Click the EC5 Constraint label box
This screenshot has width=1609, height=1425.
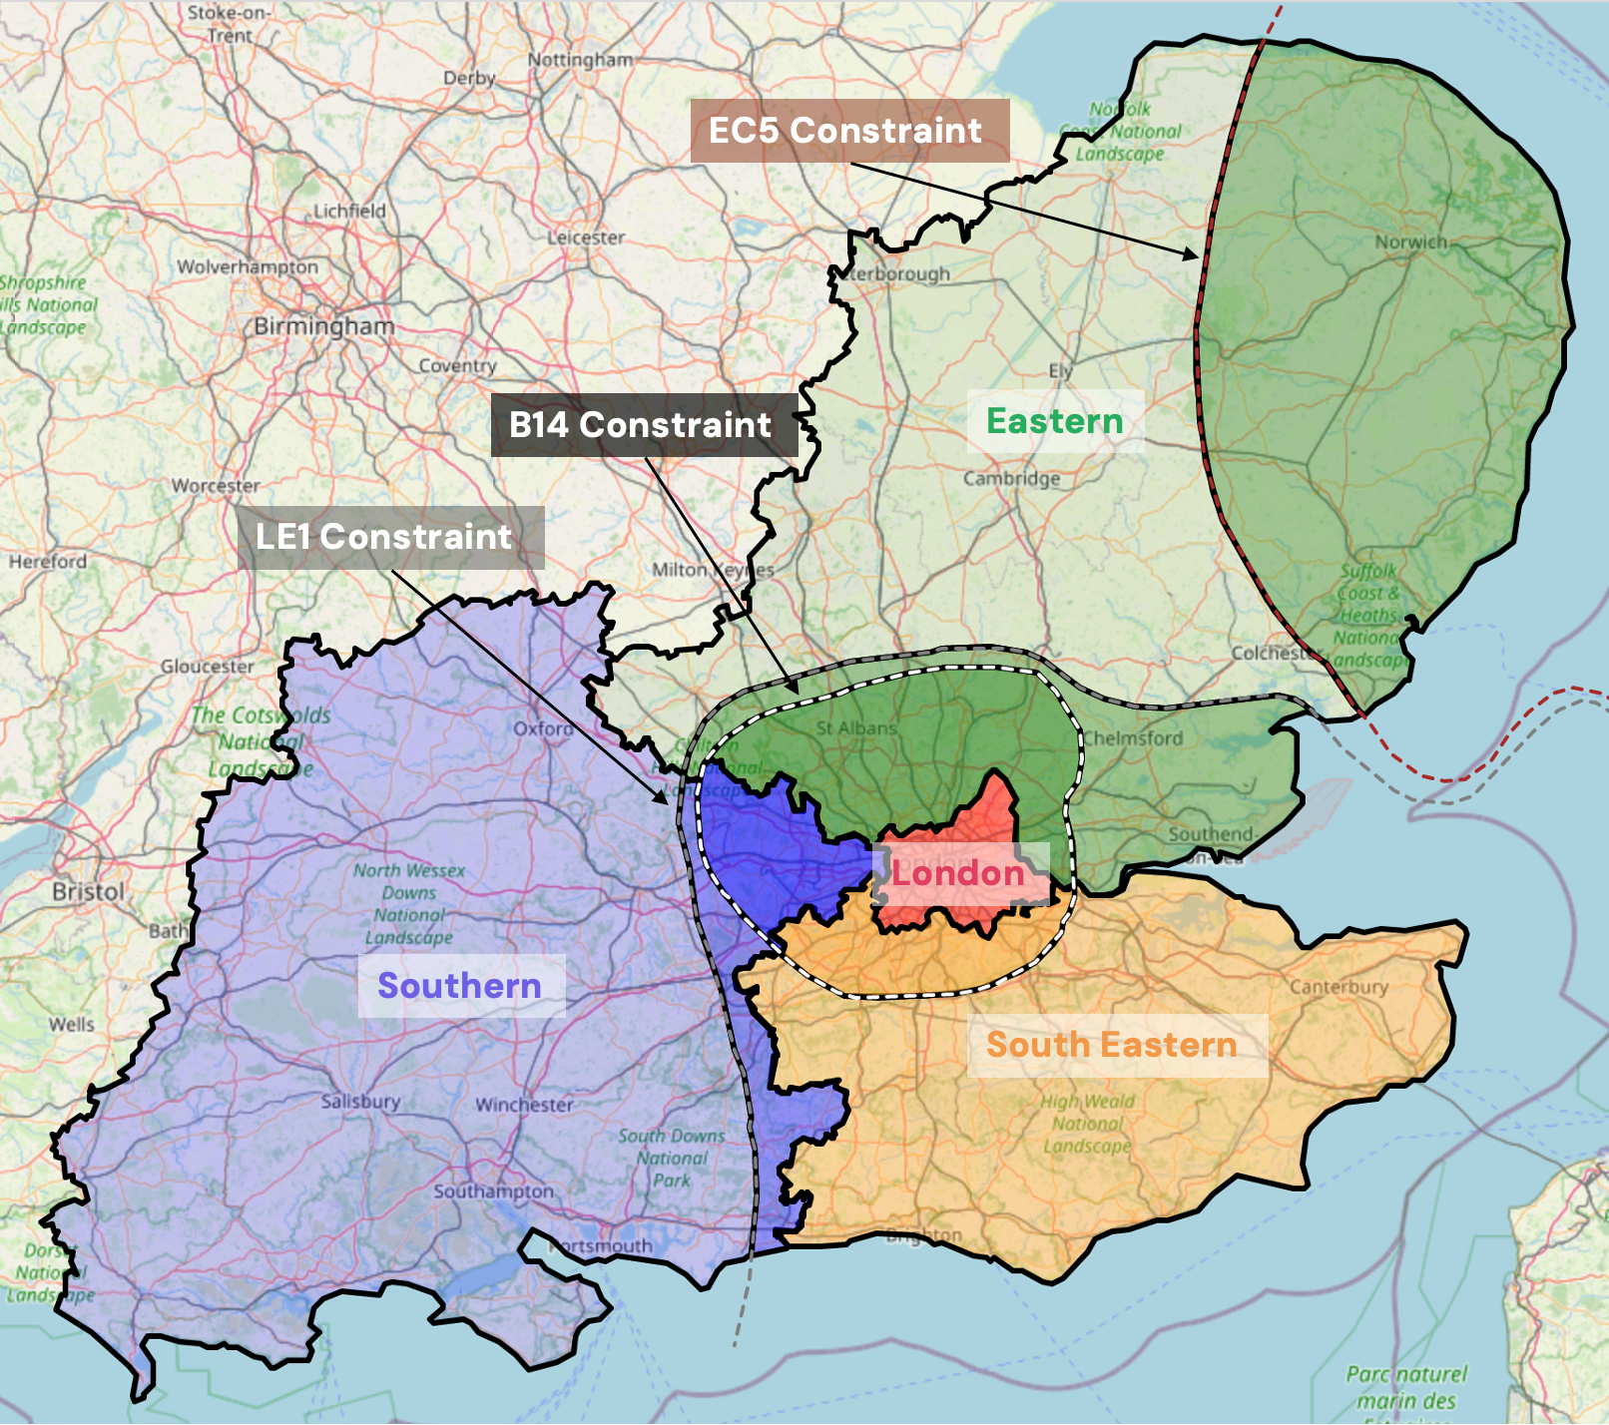point(849,131)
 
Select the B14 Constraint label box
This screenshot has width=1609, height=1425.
point(644,425)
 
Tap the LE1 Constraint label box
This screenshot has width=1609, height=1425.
point(389,537)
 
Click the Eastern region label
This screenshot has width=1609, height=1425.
point(1055,421)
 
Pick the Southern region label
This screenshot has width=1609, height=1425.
point(460,986)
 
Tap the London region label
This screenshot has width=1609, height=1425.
point(958,874)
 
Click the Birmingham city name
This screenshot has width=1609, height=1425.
point(323,326)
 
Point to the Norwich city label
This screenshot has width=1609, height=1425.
point(1410,241)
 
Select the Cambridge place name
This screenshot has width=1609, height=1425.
point(1011,478)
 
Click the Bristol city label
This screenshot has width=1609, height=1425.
point(89,891)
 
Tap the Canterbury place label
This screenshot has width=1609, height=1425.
point(1339,987)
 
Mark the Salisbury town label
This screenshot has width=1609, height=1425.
point(360,1102)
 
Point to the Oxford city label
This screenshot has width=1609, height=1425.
point(543,728)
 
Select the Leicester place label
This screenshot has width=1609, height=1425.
point(586,237)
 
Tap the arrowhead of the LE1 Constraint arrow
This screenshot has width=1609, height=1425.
point(663,798)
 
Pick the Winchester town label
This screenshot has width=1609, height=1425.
point(524,1105)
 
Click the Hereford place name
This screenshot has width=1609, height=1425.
point(48,562)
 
